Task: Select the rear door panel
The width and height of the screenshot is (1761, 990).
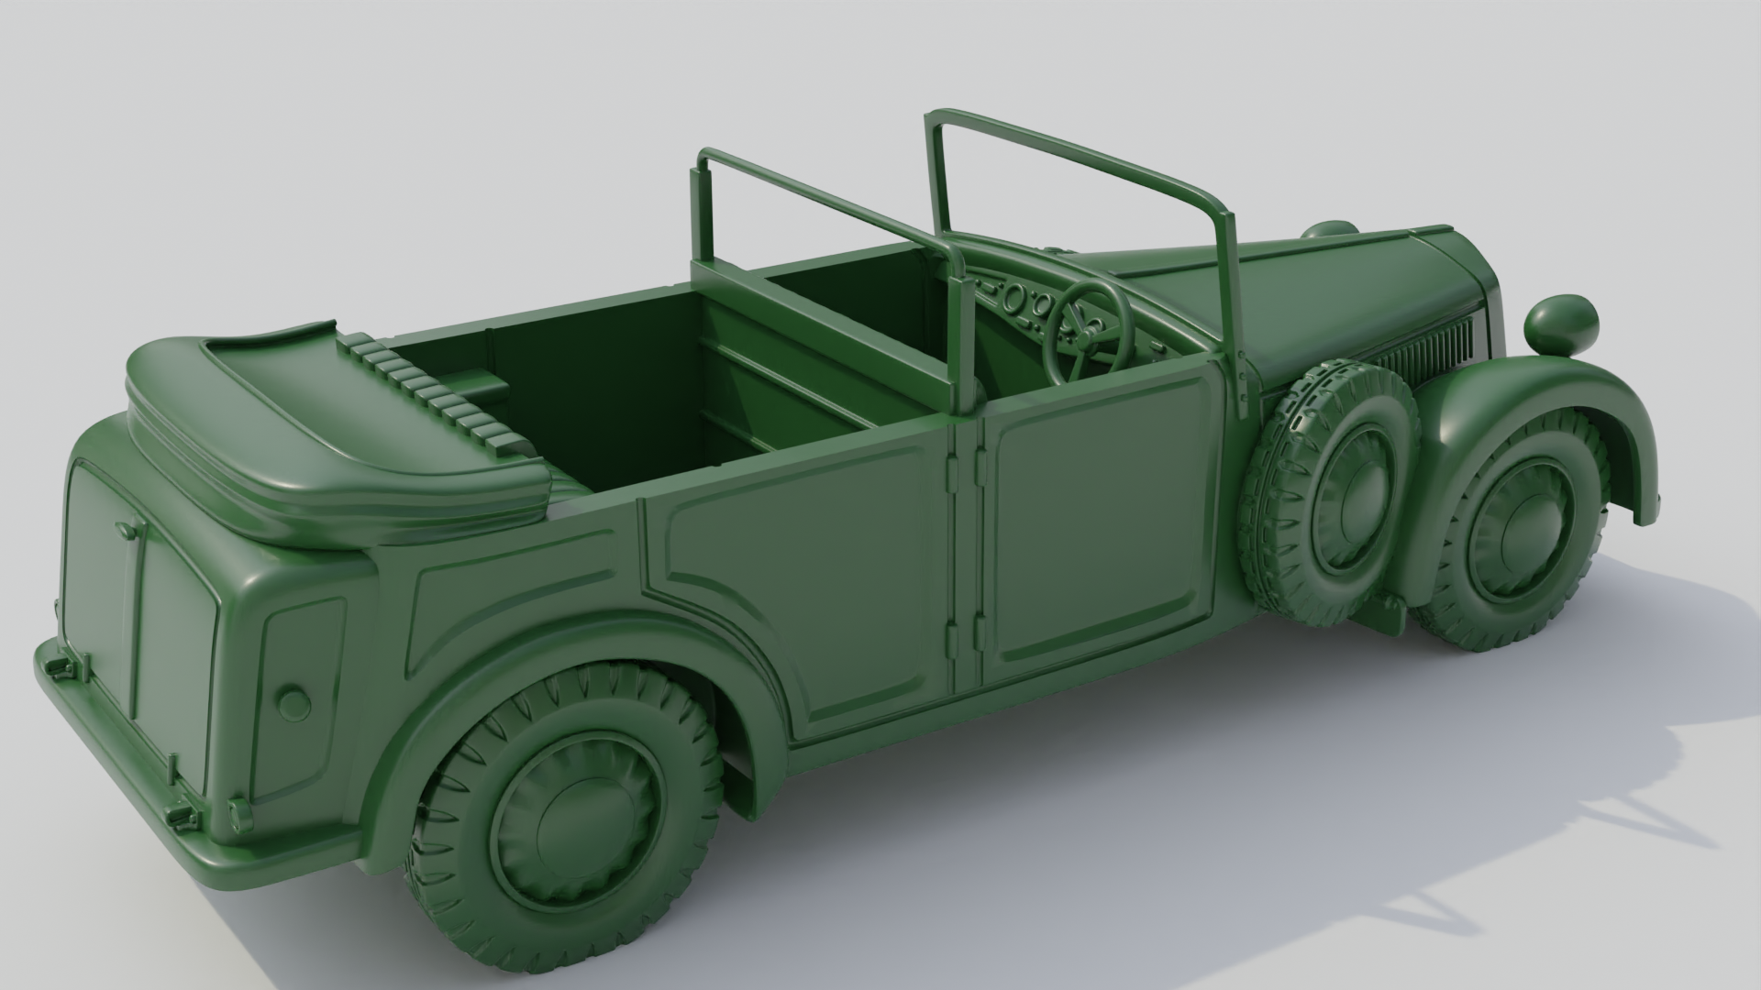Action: click(x=798, y=587)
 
